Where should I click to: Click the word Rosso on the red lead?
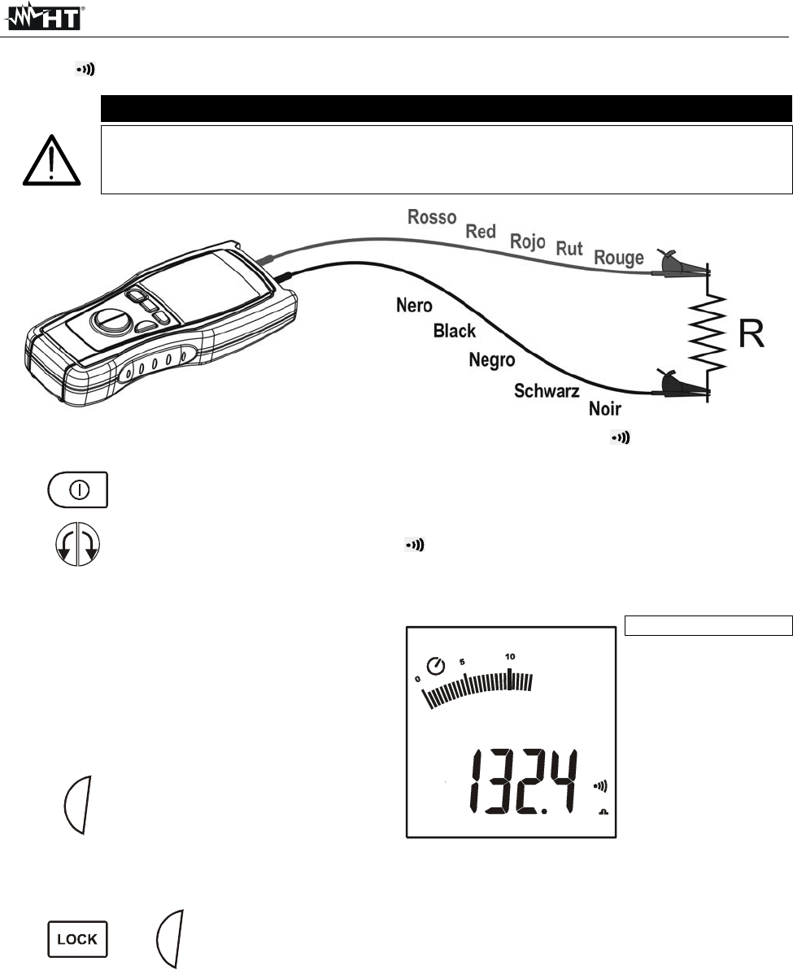coord(432,217)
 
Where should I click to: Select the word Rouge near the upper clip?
coord(618,258)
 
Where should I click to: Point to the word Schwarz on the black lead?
coord(547,390)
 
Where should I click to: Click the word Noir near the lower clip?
coord(605,408)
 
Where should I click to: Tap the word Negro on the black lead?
coord(491,360)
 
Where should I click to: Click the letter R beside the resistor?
coord(751,334)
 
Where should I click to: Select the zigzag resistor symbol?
coord(708,333)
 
